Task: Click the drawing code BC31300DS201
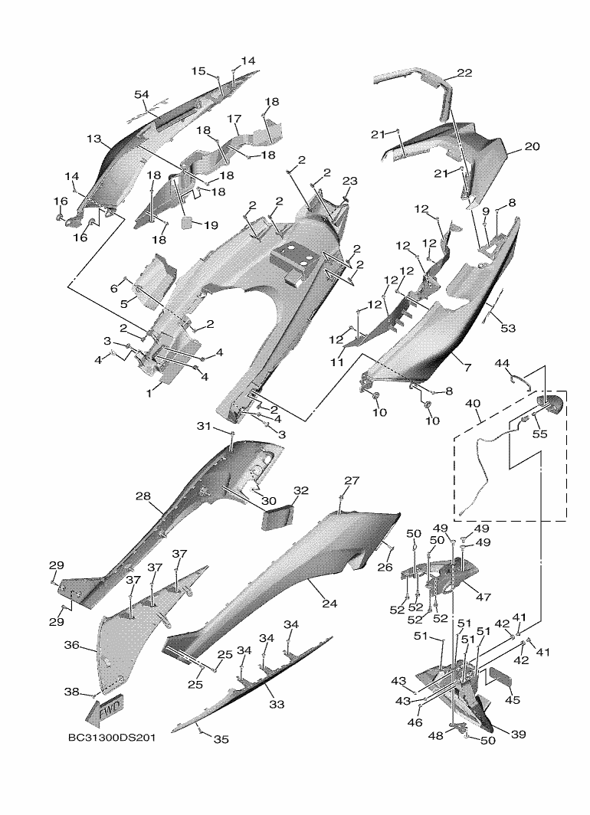point(111,738)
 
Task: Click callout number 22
point(464,73)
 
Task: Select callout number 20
point(532,146)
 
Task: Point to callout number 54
point(142,94)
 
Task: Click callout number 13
point(93,139)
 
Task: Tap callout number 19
point(211,225)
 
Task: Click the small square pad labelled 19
point(186,223)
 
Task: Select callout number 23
point(350,181)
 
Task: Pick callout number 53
point(508,328)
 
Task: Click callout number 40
point(473,404)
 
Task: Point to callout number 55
point(540,433)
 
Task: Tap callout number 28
point(143,496)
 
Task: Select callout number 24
point(329,604)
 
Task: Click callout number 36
point(72,645)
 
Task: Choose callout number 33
point(277,704)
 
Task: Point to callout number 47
point(483,597)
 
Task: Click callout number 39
point(518,734)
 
